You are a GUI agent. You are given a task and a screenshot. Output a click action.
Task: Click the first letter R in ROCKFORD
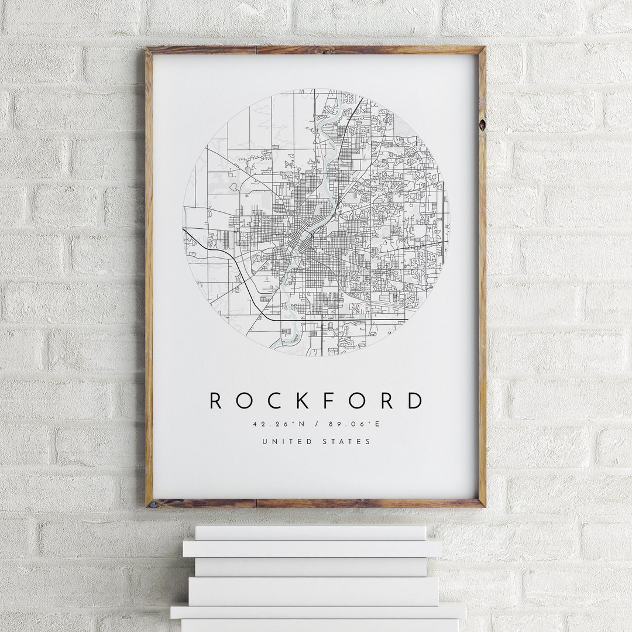click(216, 401)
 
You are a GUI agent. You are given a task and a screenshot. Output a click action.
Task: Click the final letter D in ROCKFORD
click(415, 401)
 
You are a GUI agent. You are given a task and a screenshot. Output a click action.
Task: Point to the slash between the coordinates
click(316, 424)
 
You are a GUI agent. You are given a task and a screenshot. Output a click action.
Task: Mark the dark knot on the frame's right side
click(482, 125)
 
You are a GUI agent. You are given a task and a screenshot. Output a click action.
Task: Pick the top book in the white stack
click(310, 533)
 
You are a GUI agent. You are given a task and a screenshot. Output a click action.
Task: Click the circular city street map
click(316, 222)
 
